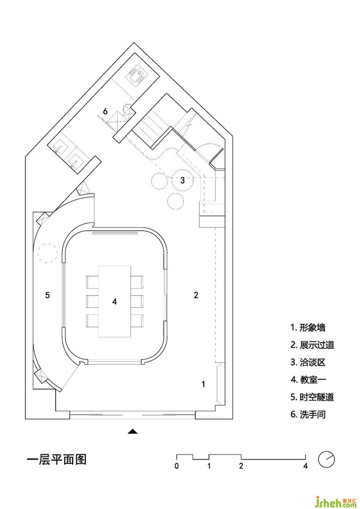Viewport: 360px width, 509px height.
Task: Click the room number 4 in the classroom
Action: coord(115,301)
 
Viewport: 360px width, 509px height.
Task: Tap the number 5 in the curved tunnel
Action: coord(48,295)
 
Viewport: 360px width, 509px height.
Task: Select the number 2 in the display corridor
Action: coord(196,295)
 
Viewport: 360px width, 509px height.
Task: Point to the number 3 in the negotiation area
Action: coord(182,181)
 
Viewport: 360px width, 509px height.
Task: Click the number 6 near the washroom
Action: coord(105,111)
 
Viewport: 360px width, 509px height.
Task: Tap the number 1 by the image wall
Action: coord(203,383)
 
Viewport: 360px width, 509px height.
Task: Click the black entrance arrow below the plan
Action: coord(133,431)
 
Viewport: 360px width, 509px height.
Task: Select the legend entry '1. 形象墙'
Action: coord(308,328)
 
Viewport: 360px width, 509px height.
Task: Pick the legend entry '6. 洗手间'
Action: coord(308,414)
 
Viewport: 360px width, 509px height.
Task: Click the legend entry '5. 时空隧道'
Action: coord(312,397)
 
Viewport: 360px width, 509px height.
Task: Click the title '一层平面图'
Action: coord(57,460)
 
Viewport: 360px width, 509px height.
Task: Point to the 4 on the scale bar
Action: coord(306,466)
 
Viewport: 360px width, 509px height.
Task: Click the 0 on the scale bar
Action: coord(177,466)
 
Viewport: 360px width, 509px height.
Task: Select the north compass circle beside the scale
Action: coord(326,459)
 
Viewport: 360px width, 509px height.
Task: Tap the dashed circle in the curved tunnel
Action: coord(47,253)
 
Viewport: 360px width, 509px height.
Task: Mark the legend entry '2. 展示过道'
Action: coord(312,345)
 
